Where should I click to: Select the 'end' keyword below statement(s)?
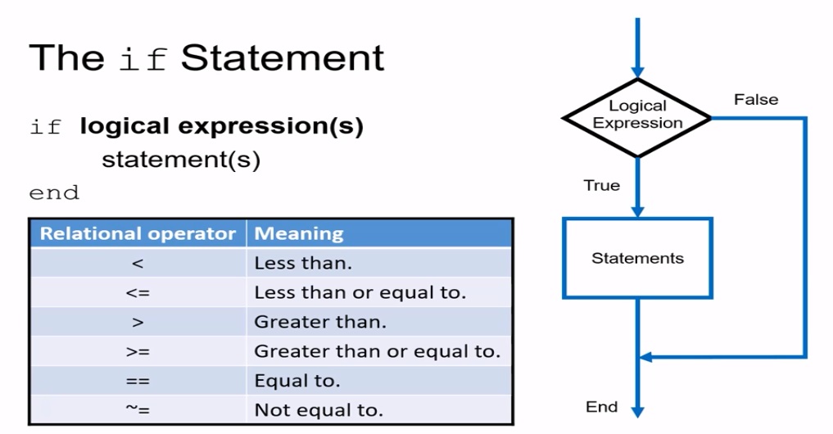[54, 193]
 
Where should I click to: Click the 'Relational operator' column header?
[138, 233]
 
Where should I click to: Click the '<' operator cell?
[137, 264]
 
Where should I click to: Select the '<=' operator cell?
[137, 293]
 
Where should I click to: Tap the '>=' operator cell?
[137, 352]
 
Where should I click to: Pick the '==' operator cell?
[137, 381]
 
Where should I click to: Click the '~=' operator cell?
[137, 409]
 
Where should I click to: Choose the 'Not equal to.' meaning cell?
[319, 409]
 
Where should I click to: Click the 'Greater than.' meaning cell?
[319, 323]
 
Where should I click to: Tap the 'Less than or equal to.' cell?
[360, 293]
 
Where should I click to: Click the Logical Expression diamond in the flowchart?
[637, 116]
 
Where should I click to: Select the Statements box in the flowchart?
[637, 258]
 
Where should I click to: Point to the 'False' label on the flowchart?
[755, 100]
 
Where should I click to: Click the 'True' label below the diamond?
[601, 186]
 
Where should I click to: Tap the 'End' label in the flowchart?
[601, 407]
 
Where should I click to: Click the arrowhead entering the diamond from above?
[637, 72]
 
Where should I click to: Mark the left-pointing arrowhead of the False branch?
[645, 357]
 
